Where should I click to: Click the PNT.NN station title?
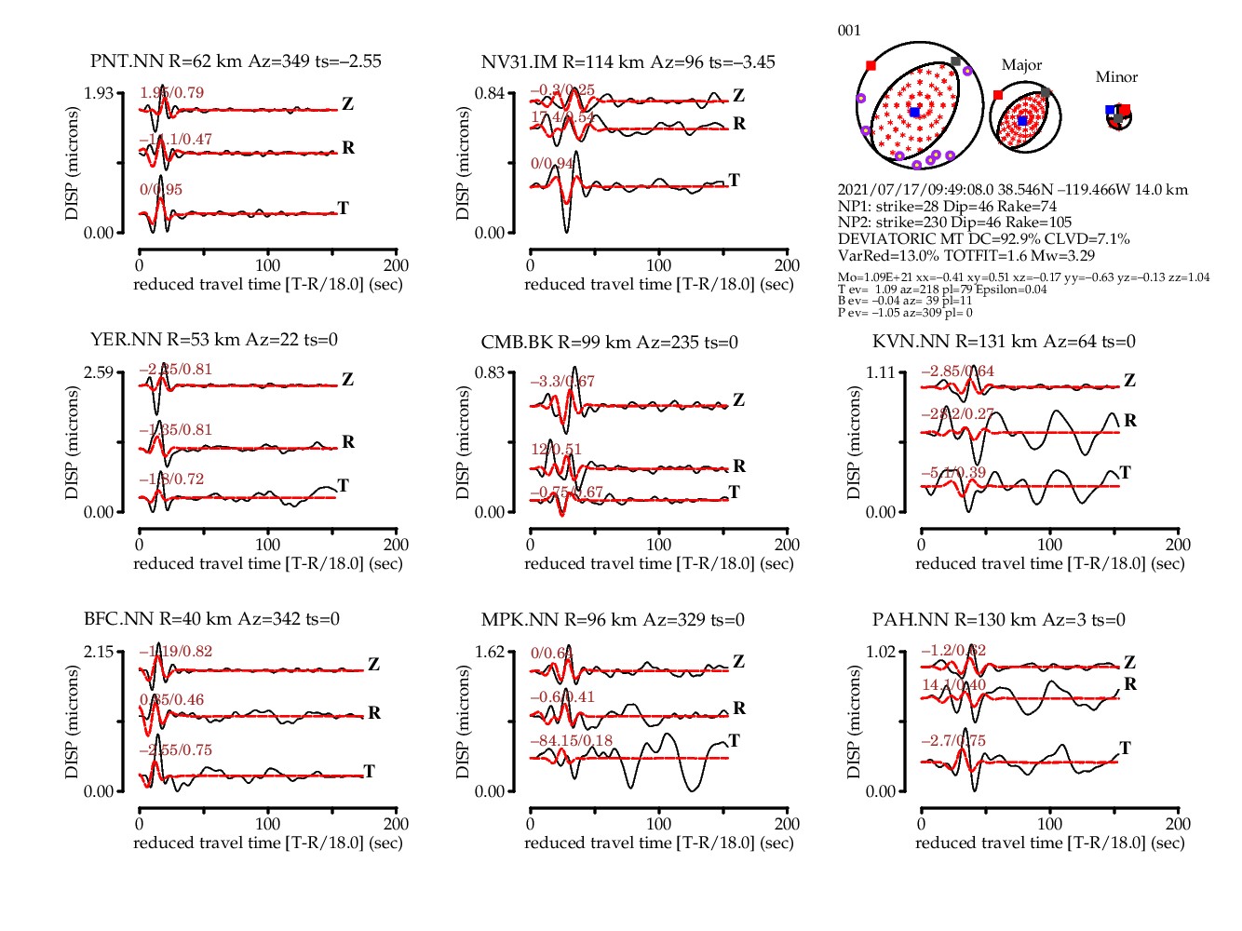tap(236, 61)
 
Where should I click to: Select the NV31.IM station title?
tap(628, 62)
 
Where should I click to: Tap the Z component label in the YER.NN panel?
tap(347, 379)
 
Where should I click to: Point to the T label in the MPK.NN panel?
tap(734, 740)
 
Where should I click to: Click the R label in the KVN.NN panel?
tap(1130, 421)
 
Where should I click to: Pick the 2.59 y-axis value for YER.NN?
tap(99, 372)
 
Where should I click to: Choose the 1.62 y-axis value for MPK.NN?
tap(490, 652)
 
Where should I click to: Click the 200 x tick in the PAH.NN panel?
tap(1178, 824)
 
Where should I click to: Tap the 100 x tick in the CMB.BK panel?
tap(658, 545)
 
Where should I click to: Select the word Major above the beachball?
tap(1021, 65)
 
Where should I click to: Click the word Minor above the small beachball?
tap(1116, 77)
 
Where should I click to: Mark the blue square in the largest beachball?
tap(914, 112)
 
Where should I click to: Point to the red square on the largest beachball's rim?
tap(871, 65)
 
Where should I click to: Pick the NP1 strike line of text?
tap(947, 206)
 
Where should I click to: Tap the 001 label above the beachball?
tap(849, 31)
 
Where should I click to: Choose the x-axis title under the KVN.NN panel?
tap(1049, 563)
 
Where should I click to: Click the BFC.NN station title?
tap(211, 619)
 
